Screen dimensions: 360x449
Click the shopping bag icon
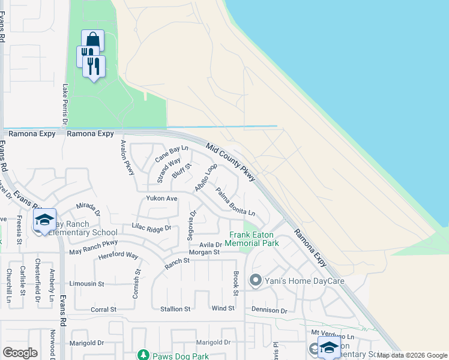click(x=92, y=40)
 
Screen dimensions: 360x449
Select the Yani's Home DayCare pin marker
click(x=256, y=280)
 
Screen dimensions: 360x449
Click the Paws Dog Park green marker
click(x=142, y=355)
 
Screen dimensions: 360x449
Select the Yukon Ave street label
click(x=161, y=198)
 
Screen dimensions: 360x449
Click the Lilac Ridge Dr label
click(x=151, y=227)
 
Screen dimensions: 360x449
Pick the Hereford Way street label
click(x=118, y=256)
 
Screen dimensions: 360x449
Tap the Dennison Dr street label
click(x=270, y=310)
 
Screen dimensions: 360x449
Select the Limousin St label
click(x=86, y=283)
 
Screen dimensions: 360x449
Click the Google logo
click(x=20, y=353)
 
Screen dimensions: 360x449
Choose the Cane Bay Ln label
click(x=172, y=153)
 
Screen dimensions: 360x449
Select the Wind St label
click(x=223, y=308)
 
